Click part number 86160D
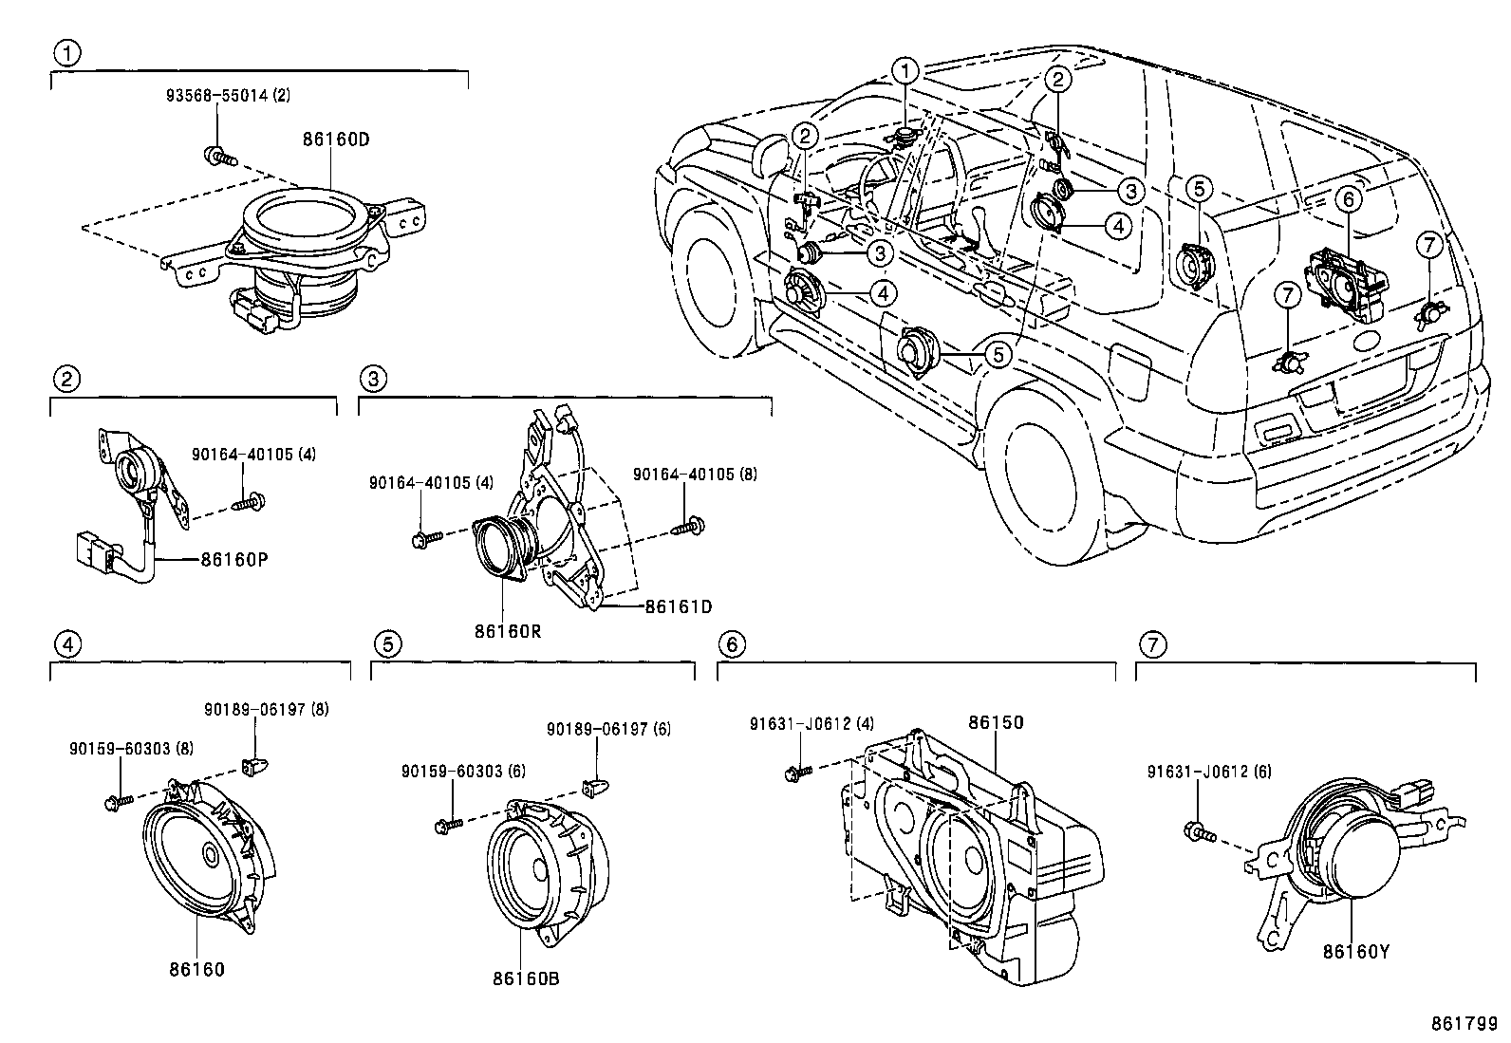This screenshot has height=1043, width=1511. [x=335, y=139]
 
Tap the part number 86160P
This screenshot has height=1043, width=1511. [x=233, y=559]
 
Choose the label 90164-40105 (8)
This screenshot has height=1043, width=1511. [x=695, y=474]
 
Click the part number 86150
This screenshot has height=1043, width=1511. [x=996, y=722]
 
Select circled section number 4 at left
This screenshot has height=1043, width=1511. [x=65, y=644]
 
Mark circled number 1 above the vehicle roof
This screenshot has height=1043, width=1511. [x=906, y=71]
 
